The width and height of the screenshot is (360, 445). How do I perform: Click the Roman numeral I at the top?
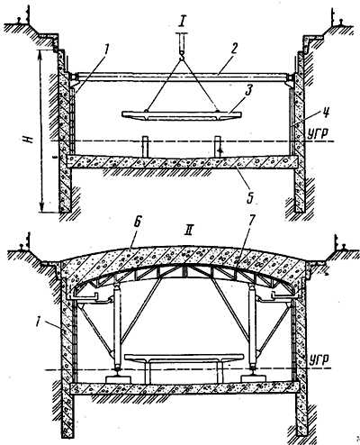pyautogui.click(x=182, y=21)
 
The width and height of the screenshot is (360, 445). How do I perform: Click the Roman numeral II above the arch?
pyautogui.click(x=190, y=232)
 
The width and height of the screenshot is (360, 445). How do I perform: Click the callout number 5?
pyautogui.click(x=250, y=198)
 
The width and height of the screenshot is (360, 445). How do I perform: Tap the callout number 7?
pyautogui.click(x=250, y=222)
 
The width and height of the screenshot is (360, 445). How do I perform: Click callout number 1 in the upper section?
pyautogui.click(x=107, y=50)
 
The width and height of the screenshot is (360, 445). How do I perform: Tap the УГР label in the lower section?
pyautogui.click(x=319, y=359)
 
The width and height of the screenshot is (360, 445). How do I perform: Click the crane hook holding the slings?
pyautogui.click(x=182, y=54)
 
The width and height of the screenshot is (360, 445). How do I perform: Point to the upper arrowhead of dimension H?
pyautogui.click(x=40, y=53)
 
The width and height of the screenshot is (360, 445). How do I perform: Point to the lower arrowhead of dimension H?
pyautogui.click(x=43, y=208)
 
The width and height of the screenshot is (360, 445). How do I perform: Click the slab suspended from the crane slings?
pyautogui.click(x=182, y=116)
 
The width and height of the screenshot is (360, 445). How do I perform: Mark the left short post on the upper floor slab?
pyautogui.click(x=145, y=147)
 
